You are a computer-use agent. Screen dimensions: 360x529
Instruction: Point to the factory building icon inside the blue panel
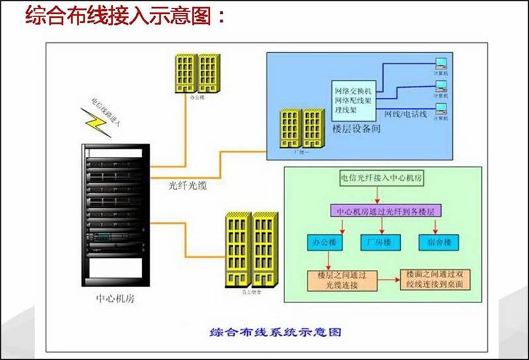point(302,128)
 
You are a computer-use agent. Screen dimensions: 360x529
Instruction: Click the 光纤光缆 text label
point(188,186)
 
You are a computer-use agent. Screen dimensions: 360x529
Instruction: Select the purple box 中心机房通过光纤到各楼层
point(385,212)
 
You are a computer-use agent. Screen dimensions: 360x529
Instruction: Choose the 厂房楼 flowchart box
point(378,242)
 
